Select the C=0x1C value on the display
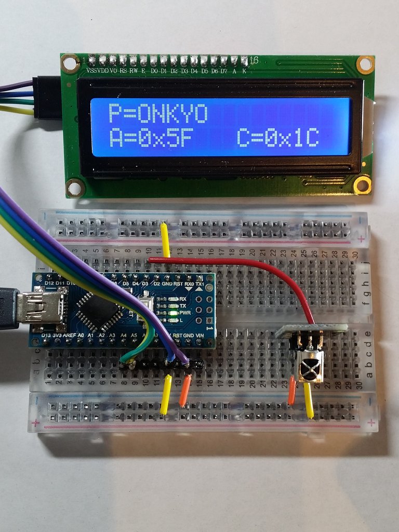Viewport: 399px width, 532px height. click(x=277, y=138)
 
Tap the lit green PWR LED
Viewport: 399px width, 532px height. click(x=165, y=313)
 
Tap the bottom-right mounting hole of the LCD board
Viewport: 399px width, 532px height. click(x=362, y=184)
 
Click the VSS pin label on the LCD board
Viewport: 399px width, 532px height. click(x=91, y=71)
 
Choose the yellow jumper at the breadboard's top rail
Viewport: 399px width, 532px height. click(x=165, y=239)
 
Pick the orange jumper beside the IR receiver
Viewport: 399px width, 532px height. click(x=292, y=391)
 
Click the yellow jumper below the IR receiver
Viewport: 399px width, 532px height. click(x=308, y=400)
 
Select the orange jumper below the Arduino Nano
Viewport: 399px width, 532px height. click(x=185, y=391)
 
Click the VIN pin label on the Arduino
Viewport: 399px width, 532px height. click(x=200, y=336)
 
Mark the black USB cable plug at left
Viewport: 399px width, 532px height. click(x=8, y=308)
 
